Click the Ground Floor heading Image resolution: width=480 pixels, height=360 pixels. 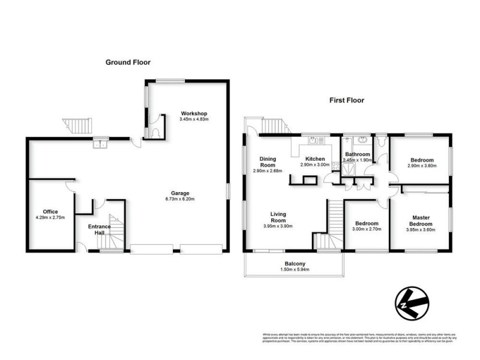tap(128, 62)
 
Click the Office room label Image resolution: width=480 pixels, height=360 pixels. tap(50, 212)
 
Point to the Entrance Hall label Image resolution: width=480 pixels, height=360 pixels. tap(99, 230)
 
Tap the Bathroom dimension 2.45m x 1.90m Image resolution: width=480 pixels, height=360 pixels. tap(357, 160)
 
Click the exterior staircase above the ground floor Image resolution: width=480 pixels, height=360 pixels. tap(79, 125)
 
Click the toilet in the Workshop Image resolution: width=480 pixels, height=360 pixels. tap(156, 128)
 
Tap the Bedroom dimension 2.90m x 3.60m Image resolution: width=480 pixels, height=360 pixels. tap(422, 166)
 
